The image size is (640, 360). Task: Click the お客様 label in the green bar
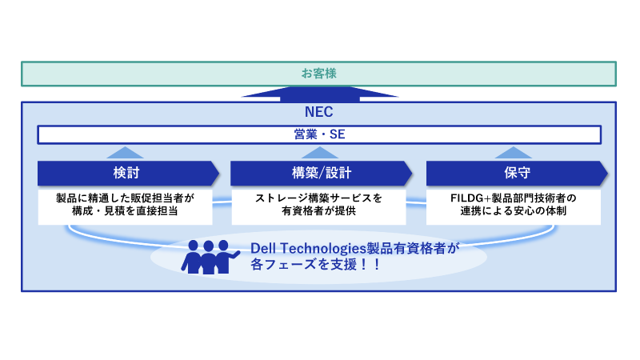[318, 74]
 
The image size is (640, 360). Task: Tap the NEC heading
[318, 113]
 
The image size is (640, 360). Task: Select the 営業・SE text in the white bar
[318, 135]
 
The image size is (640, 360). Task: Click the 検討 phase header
[126, 173]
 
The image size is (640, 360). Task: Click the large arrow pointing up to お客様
[319, 94]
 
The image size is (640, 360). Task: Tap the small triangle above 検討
[125, 153]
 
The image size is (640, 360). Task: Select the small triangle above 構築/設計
[318, 153]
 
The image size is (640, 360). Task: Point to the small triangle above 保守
[513, 153]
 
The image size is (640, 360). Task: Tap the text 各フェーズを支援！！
[315, 263]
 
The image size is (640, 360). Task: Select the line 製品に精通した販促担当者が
[126, 198]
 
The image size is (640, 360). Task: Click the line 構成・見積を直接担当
[126, 211]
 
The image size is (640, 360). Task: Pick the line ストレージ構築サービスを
[318, 198]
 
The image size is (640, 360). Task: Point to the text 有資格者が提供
[318, 211]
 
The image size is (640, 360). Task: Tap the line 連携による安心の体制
[513, 211]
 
